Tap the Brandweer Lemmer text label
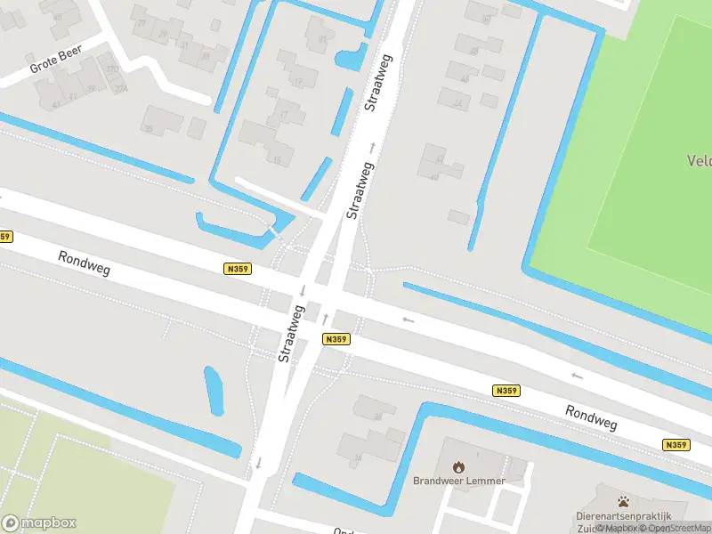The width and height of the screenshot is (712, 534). (x=458, y=481)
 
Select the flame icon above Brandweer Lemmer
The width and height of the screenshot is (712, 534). (x=458, y=466)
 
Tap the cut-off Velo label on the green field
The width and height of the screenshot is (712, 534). (x=699, y=161)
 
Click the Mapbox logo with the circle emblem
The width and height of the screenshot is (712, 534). (x=39, y=523)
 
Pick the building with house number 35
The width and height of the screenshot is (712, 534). (x=149, y=129)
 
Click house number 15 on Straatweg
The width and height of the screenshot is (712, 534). (x=277, y=160)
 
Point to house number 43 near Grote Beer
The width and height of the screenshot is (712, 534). (x=56, y=105)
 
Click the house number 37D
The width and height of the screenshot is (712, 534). (x=112, y=69)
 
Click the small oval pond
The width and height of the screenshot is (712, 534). (x=214, y=391)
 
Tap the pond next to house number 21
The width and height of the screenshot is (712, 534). (x=351, y=57)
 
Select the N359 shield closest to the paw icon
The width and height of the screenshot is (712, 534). (x=676, y=445)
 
